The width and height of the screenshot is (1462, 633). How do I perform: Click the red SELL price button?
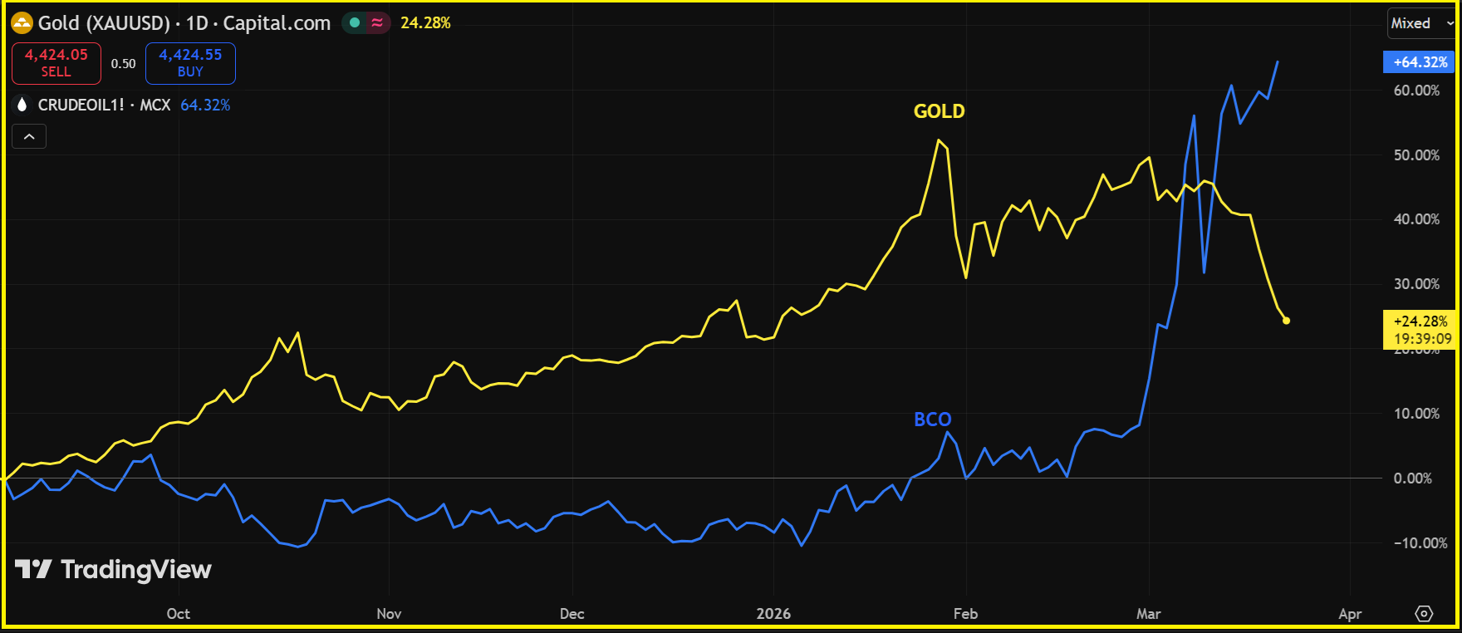pos(56,63)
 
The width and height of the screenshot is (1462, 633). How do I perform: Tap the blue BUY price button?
pos(190,63)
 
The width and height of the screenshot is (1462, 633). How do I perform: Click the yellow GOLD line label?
pos(939,111)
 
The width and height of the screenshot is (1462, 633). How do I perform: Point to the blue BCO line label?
pos(932,420)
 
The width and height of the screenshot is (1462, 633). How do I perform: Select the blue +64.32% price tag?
pos(1420,62)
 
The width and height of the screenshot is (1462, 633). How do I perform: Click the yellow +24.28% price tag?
pos(1420,330)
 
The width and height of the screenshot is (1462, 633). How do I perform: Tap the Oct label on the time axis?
pos(178,614)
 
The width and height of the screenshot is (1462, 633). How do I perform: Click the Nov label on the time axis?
pos(389,614)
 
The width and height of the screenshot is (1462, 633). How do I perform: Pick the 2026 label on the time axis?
pos(773,614)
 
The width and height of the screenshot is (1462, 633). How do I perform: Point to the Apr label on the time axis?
pos(1350,614)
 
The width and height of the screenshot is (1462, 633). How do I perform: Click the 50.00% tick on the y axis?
pos(1416,155)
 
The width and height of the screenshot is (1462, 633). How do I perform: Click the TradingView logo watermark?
pos(114,570)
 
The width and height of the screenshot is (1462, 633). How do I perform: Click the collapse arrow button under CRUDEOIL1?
pos(29,136)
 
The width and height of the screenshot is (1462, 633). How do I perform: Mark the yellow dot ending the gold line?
pos(1287,321)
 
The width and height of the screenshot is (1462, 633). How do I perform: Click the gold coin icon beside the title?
pos(22,23)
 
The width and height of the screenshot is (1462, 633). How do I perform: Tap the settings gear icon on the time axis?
pos(1424,614)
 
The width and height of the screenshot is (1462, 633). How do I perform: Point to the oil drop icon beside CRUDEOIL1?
pos(22,105)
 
